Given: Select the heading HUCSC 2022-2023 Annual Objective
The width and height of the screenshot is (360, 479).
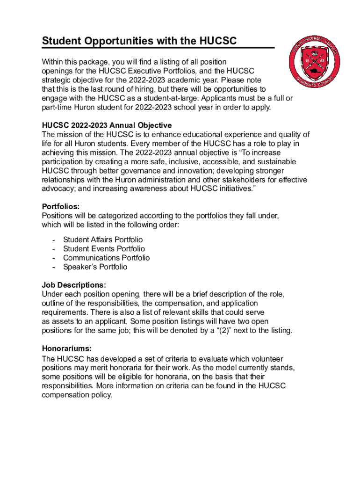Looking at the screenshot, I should [x=107, y=125].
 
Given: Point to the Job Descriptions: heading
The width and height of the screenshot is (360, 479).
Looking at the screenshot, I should [x=74, y=285].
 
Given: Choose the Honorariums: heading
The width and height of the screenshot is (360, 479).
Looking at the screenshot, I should [x=66, y=348].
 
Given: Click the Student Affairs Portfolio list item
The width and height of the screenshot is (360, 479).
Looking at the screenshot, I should [x=103, y=239].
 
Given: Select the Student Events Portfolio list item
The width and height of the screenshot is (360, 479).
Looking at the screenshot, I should [x=104, y=249].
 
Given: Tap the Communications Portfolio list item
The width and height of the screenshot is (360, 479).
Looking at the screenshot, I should [x=106, y=258].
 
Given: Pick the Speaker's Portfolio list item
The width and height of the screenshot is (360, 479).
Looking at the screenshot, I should [x=95, y=267].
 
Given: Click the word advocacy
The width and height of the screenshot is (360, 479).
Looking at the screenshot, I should [x=58, y=189].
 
